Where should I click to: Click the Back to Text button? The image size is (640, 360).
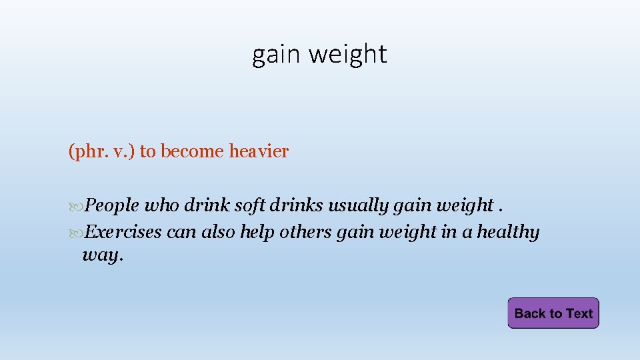[553, 313]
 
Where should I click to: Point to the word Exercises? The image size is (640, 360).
[124, 233]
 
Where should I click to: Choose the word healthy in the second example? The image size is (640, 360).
[508, 233]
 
